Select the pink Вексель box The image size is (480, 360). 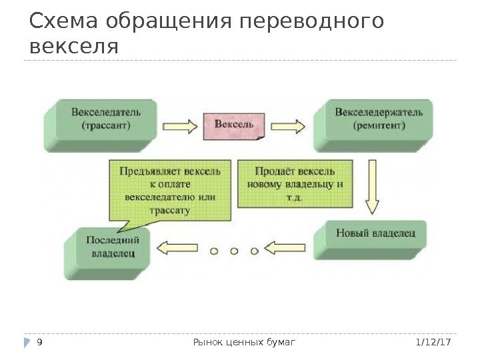[x=234, y=125]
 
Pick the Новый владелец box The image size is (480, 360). [x=375, y=234]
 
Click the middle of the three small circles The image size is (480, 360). [x=234, y=251]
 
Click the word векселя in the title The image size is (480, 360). [x=74, y=47]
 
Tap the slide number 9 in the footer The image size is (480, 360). [x=40, y=343]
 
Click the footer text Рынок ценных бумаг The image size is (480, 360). [x=243, y=343]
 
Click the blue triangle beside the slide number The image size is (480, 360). [x=27, y=343]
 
